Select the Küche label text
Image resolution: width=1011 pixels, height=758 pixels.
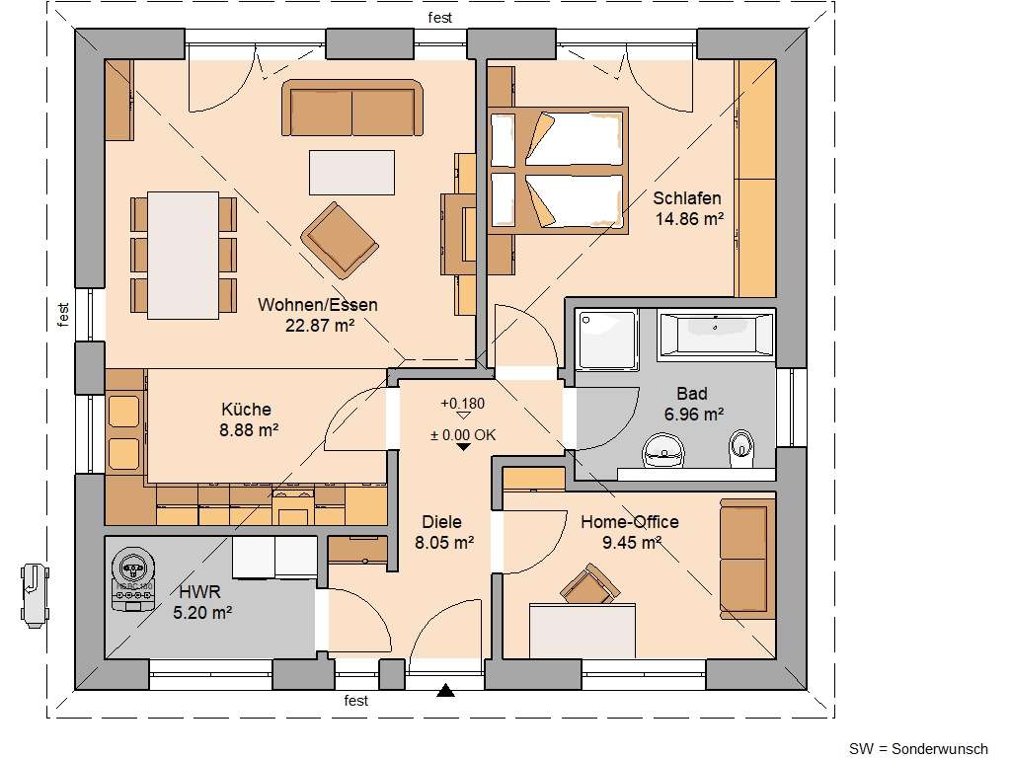click(246, 409)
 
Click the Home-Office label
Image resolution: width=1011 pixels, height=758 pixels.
click(629, 522)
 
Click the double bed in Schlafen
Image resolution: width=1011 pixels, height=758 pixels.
click(558, 171)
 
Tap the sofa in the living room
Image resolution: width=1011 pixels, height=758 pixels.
click(352, 108)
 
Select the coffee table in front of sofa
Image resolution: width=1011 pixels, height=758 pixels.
click(351, 172)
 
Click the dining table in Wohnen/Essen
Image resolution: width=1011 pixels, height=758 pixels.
click(184, 255)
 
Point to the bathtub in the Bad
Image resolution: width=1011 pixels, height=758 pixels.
click(716, 334)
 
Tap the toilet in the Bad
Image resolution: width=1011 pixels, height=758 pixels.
click(740, 449)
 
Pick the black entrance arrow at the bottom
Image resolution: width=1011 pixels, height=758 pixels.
click(446, 691)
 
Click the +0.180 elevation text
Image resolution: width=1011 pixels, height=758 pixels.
click(462, 404)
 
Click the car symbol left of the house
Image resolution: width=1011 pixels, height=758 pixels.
click(33, 593)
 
